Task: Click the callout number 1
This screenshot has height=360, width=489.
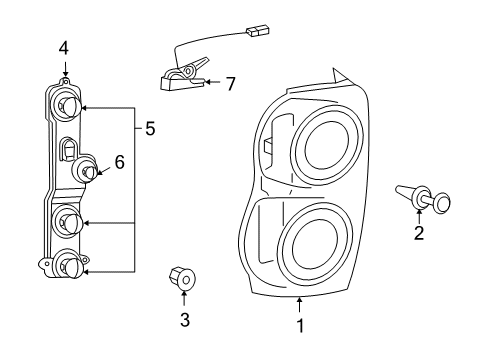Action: (300, 325)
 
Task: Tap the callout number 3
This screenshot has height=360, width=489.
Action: (183, 320)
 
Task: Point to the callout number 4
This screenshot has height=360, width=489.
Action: (64, 47)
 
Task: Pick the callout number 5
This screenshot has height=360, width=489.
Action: (150, 128)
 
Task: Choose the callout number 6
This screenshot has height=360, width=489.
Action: (119, 161)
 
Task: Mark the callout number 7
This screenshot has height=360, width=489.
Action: (230, 85)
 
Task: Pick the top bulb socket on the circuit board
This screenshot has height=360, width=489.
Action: (67, 103)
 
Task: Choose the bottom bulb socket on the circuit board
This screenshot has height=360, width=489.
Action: (67, 265)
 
